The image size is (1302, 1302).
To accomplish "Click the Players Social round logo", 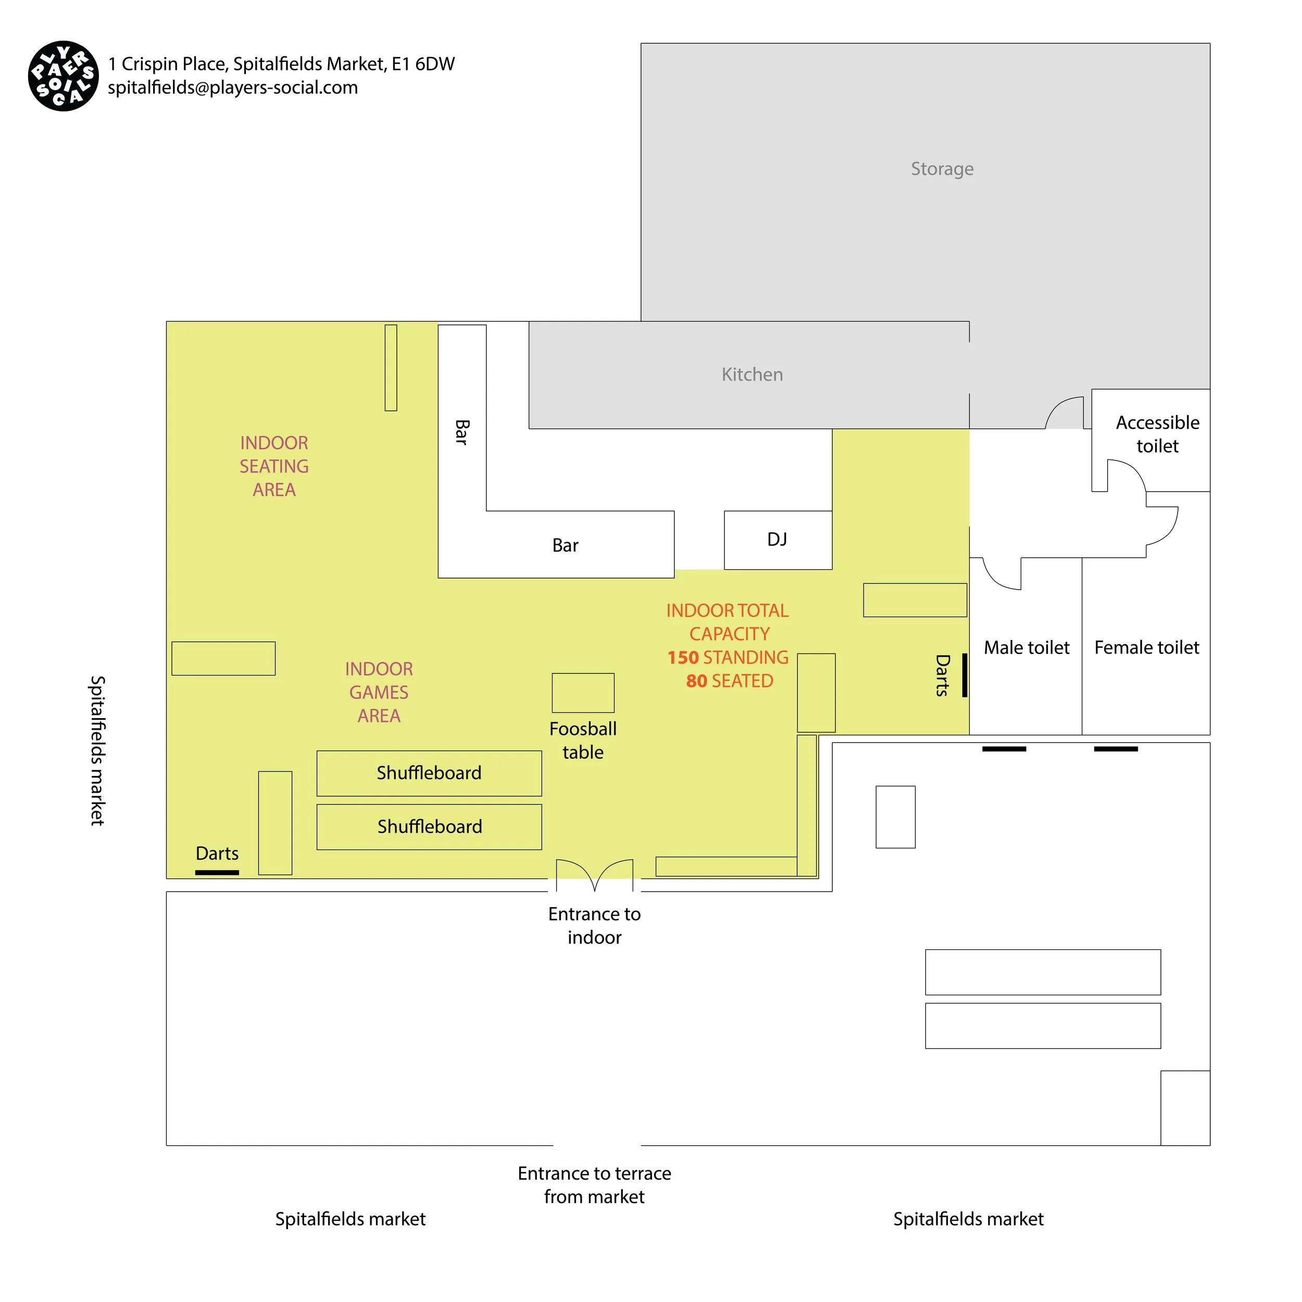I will tap(64, 76).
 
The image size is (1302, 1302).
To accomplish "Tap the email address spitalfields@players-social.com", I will tap(232, 87).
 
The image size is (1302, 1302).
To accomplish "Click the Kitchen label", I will tap(752, 374).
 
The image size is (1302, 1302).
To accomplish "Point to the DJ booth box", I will tap(778, 540).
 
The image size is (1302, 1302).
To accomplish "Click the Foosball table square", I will tap(583, 693).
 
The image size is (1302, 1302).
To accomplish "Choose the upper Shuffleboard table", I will tap(429, 773).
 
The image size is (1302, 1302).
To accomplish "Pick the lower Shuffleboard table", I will tap(429, 827).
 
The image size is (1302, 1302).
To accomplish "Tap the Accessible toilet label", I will tap(1157, 434).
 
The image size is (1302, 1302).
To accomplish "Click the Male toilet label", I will tap(1026, 648).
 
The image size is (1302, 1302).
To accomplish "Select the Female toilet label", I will tap(1146, 648).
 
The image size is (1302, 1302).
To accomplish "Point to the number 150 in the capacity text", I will tap(683, 658).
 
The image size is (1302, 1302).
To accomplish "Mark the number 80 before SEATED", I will tap(696, 681).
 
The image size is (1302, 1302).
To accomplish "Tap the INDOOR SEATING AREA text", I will tap(274, 466).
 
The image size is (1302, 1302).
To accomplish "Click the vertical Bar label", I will tap(461, 432).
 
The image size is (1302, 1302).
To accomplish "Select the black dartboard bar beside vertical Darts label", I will tap(965, 675).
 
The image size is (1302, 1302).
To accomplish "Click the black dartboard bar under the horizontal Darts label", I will tap(217, 873).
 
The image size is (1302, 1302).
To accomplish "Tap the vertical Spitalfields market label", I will tap(98, 751).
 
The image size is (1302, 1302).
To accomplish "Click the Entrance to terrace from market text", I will tap(594, 1185).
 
